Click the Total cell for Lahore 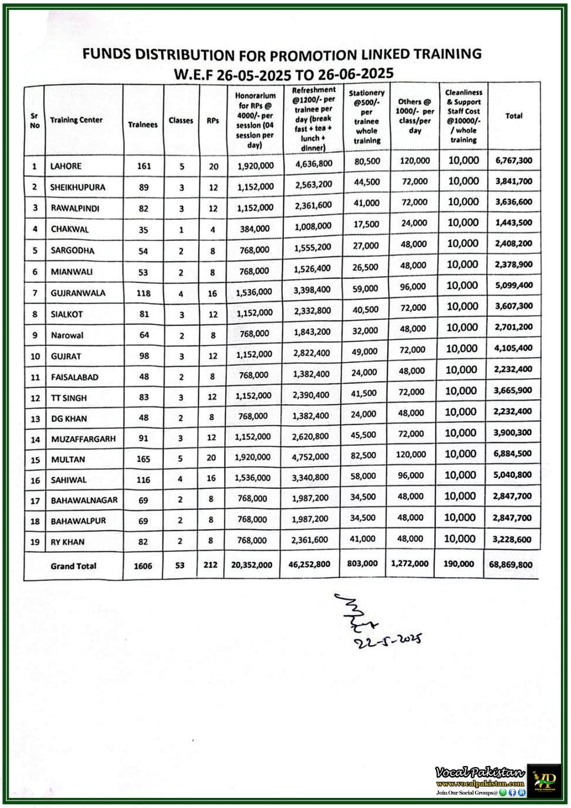tap(513, 161)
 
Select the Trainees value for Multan tap(143, 459)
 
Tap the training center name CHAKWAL tap(70, 229)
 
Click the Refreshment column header tap(314, 119)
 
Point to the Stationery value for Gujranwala tap(366, 288)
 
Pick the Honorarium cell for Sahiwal tap(252, 478)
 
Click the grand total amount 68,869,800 tap(510, 564)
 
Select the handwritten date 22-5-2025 tap(388, 640)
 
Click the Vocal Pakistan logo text tap(480, 773)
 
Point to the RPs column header tap(213, 121)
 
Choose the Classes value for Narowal tap(181, 335)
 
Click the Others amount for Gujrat tap(412, 349)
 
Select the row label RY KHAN tap(68, 542)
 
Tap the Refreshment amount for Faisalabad tap(311, 374)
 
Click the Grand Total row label tap(73, 566)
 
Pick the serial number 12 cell tap(35, 398)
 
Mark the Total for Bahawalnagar tap(512, 496)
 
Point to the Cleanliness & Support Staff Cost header tap(463, 116)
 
